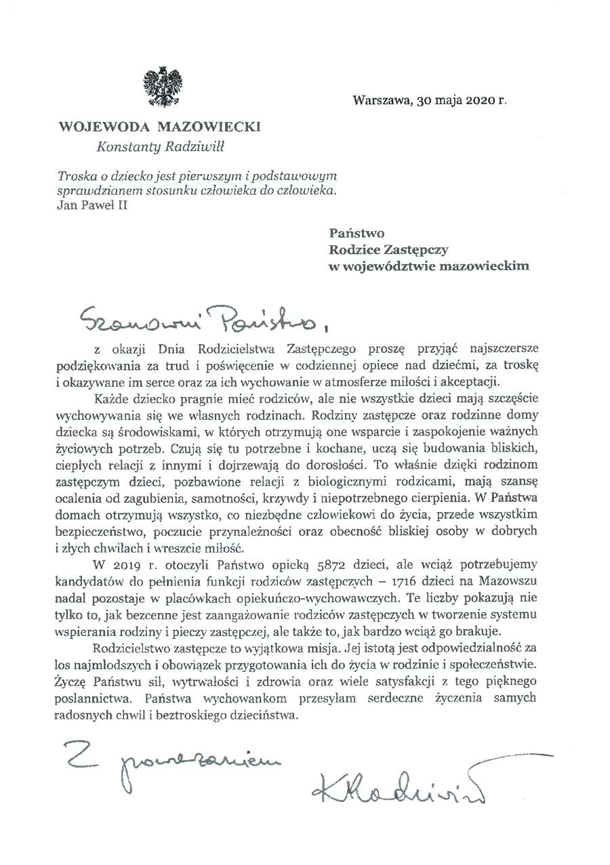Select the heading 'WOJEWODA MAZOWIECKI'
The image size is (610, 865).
(x=159, y=127)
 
